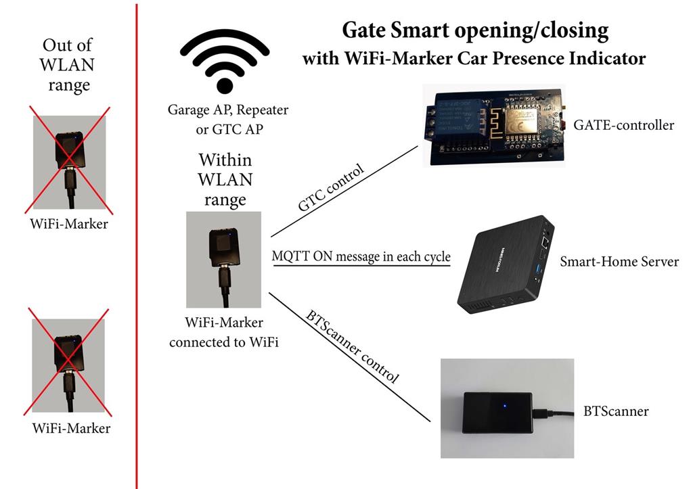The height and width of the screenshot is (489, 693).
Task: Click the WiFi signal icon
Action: coord(225,63)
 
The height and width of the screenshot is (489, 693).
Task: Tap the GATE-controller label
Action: coord(623,125)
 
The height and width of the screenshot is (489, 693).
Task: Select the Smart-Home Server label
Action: coord(619,261)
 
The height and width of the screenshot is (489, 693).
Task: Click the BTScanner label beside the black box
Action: coord(616,411)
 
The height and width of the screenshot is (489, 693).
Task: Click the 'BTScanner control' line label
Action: coord(352,347)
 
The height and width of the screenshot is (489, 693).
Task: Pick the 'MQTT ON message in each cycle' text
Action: coord(361,257)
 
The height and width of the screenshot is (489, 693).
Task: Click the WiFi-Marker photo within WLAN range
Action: coord(223,260)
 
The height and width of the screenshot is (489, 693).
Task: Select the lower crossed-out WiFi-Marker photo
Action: coord(68,366)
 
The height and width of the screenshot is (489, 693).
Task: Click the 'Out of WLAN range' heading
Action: coord(68,66)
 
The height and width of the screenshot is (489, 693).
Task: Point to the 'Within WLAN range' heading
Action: coord(225,180)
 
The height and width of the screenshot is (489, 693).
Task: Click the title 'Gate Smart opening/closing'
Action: coord(474,31)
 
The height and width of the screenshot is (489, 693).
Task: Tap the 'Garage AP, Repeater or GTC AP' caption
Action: coord(225,118)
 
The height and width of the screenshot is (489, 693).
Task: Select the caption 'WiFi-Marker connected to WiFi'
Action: coord(224,333)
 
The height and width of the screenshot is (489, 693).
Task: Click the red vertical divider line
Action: coord(137,271)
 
